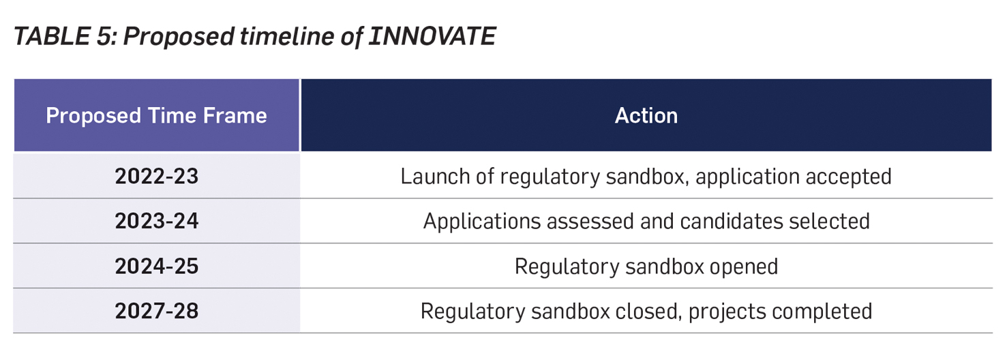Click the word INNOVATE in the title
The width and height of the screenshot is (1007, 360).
[432, 36]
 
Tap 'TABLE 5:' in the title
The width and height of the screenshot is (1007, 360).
[65, 36]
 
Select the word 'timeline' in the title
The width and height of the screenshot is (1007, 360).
[287, 36]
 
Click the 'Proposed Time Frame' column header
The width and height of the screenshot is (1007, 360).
[156, 115]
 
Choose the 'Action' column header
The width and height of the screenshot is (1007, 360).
[646, 115]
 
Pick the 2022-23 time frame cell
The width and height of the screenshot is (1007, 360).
[156, 176]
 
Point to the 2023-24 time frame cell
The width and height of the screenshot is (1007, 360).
[156, 221]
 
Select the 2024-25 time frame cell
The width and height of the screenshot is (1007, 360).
[156, 266]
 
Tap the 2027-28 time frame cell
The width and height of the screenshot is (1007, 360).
[156, 311]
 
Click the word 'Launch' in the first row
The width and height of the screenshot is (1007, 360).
[435, 176]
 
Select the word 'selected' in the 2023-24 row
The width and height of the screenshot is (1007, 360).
[830, 221]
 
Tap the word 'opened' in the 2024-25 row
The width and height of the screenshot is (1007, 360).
[744, 267]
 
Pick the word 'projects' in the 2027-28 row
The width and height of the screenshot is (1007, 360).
[730, 312]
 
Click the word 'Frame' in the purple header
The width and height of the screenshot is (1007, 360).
[235, 115]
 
